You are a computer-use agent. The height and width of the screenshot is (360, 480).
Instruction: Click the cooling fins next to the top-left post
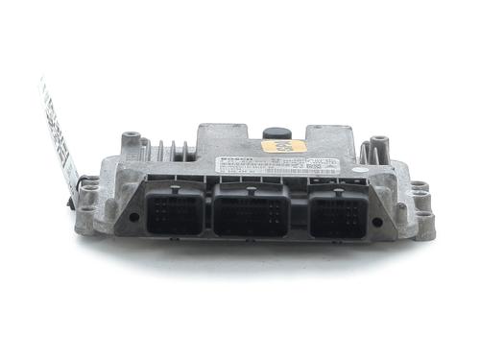tap(169, 151)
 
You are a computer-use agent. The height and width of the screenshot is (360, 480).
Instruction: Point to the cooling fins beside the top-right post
tap(364, 153)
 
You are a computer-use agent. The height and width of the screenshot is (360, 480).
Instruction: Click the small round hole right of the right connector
tap(376, 221)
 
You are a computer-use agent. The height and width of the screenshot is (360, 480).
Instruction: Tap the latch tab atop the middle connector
tap(252, 188)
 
